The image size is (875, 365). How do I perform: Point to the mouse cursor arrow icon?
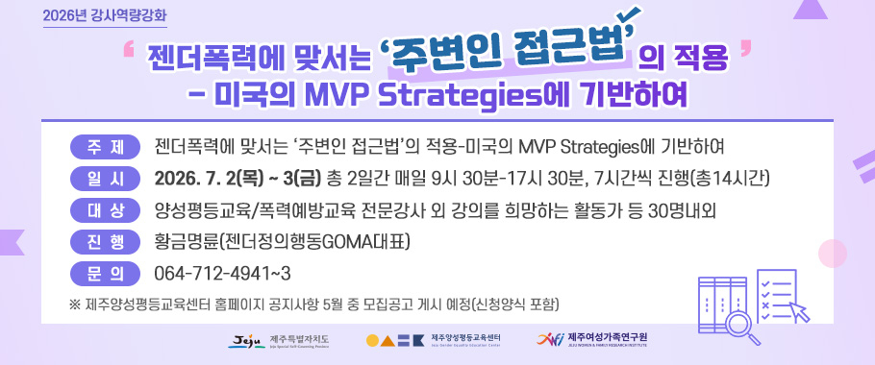pyautogui.click(x=800, y=310)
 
